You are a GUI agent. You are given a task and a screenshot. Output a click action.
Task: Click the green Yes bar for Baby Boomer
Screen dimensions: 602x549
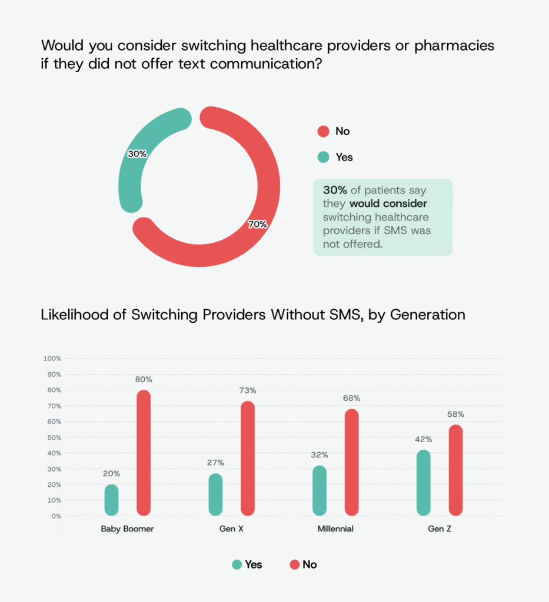(x=111, y=500)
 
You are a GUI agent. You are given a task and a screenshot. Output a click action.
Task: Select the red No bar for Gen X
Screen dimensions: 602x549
(x=248, y=459)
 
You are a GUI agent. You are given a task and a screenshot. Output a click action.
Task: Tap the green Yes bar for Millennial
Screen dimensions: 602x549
(x=320, y=491)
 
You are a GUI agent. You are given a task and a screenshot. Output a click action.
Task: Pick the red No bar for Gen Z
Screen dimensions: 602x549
(x=455, y=470)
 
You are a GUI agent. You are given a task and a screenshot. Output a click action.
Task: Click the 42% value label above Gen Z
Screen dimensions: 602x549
(x=424, y=439)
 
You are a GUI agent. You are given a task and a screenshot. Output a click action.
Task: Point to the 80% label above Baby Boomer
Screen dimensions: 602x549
(x=144, y=379)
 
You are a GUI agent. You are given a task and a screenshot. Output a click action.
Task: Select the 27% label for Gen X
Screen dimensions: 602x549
(x=215, y=463)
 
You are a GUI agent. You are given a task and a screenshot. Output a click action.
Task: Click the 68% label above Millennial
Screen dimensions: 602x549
(x=352, y=398)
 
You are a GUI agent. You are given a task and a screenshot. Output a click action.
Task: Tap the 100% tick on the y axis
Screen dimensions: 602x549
(x=52, y=359)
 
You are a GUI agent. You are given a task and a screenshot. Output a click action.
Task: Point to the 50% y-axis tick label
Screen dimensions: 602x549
(x=53, y=437)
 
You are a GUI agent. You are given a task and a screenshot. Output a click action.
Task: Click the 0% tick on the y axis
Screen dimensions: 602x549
(x=55, y=516)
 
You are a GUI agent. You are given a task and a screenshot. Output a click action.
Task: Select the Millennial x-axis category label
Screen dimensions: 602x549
(x=335, y=529)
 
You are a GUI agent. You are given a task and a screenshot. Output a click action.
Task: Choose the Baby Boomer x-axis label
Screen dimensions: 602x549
(x=127, y=529)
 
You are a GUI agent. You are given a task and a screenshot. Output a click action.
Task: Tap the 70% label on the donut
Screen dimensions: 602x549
(x=257, y=224)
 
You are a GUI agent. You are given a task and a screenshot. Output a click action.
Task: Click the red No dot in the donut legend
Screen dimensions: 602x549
(x=323, y=131)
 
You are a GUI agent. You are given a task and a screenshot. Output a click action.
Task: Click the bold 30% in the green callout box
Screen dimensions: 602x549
(x=334, y=190)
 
